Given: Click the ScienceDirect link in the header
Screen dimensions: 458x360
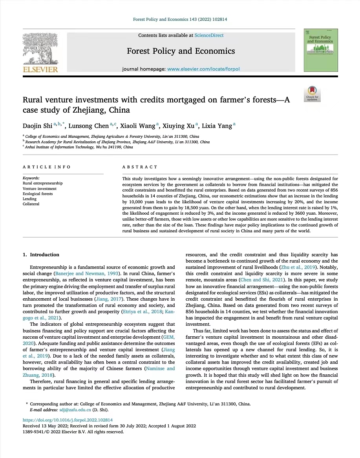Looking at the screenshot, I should [x=209, y=35].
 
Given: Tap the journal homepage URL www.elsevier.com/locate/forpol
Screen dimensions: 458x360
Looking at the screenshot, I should [x=203, y=69].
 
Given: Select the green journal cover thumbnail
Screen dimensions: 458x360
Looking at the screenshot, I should [x=321, y=50].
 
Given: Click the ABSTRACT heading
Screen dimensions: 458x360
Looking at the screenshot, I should [x=140, y=167].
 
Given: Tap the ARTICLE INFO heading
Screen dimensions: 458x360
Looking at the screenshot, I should [x=47, y=167].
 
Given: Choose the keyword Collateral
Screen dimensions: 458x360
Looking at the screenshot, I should [x=31, y=204].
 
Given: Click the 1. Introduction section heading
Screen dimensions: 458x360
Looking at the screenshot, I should [x=41, y=255].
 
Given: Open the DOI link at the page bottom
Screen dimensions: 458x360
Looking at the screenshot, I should [x=65, y=420].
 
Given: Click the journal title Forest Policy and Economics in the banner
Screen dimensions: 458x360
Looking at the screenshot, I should [x=181, y=51].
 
